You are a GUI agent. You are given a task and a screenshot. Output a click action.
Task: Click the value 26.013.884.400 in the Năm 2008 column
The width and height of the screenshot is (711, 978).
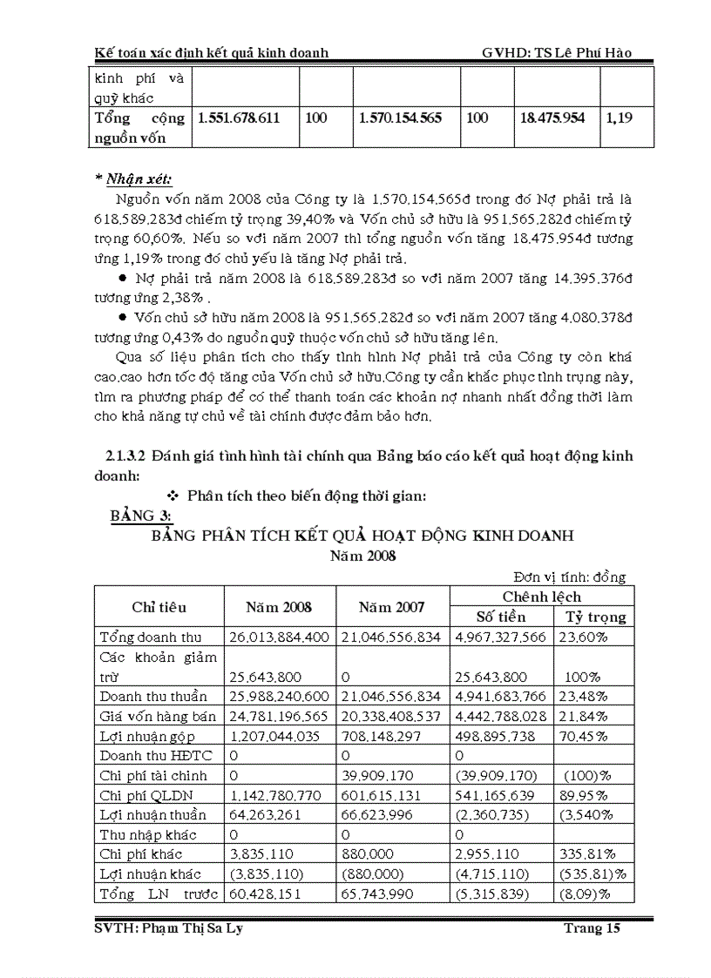[x=279, y=637]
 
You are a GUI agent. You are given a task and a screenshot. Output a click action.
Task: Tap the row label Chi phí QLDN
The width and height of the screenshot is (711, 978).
[x=146, y=795]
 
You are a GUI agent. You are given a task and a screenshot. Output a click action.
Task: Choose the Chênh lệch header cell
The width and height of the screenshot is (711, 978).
[x=541, y=597]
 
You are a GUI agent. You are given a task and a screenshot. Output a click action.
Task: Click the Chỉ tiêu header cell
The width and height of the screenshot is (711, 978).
[x=159, y=607]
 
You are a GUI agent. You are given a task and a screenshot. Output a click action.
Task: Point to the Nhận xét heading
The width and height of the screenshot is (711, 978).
[x=134, y=180]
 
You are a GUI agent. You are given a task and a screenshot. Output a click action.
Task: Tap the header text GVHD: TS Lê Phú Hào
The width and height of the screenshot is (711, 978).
[x=556, y=53]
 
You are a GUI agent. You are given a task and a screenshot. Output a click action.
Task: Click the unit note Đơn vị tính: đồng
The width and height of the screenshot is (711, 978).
[x=569, y=577]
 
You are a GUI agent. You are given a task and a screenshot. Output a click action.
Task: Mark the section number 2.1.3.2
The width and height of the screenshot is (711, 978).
[x=120, y=456]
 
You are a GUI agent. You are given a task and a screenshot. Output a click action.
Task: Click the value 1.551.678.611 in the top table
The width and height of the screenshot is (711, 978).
[x=240, y=118]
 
